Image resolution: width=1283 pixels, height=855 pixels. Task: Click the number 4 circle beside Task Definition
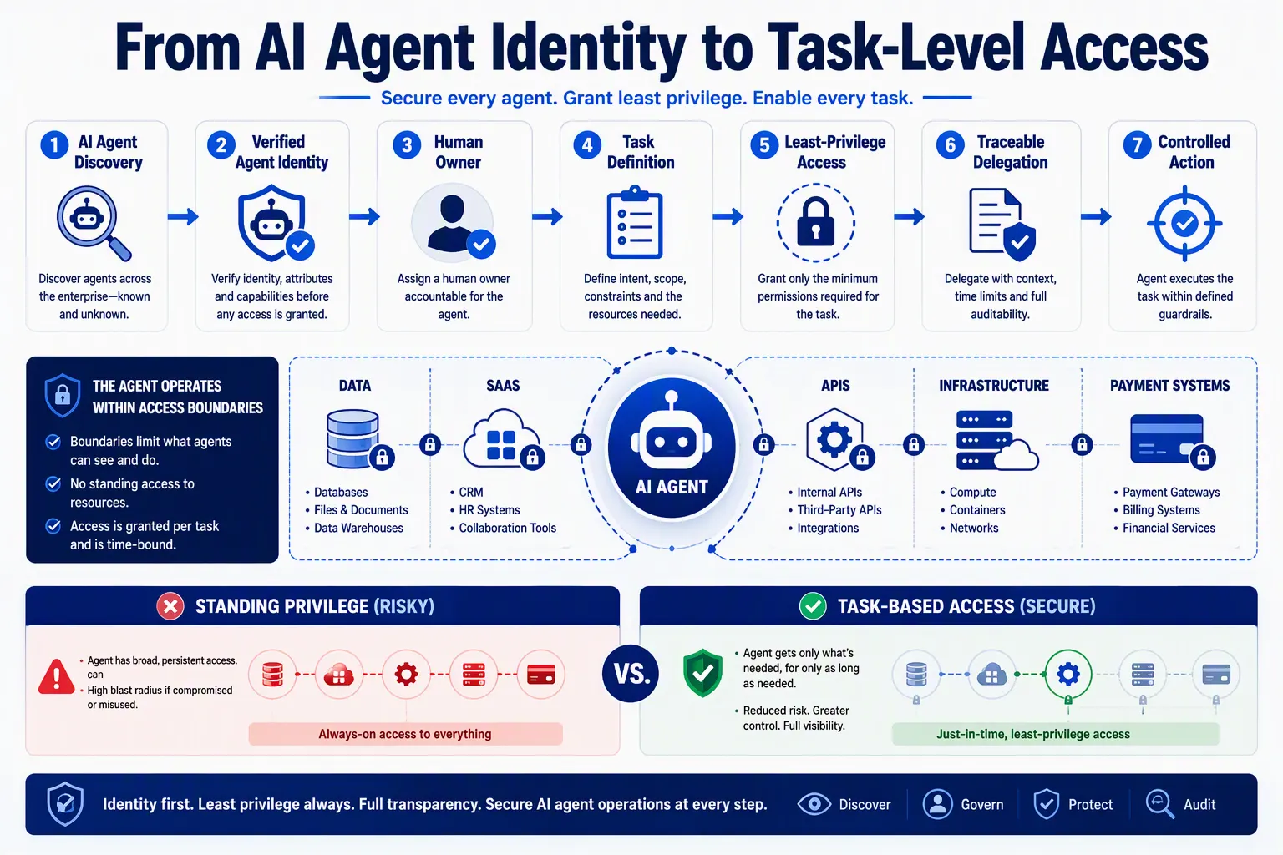(587, 145)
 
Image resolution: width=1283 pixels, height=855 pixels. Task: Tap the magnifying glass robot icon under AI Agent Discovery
(94, 223)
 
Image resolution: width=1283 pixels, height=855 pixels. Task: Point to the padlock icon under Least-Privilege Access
(815, 222)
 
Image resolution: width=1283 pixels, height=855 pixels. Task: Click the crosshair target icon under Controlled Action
(1184, 223)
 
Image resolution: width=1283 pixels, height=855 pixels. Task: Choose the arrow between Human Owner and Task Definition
(547, 216)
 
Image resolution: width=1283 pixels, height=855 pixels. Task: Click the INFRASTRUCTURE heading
(994, 386)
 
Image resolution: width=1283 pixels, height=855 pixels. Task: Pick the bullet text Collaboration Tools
(508, 528)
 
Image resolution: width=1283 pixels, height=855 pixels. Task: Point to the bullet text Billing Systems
(1161, 509)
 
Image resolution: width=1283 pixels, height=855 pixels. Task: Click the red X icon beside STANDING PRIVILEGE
(170, 606)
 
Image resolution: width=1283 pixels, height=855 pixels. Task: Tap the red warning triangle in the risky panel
(56, 676)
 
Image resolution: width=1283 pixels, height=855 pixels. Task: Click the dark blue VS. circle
(631, 674)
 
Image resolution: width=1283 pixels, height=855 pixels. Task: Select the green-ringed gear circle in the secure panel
(1067, 674)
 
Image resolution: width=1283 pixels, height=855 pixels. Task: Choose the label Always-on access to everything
(405, 734)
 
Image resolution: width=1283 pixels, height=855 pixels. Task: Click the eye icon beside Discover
(814, 804)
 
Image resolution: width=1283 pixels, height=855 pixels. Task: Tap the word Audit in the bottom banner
(1199, 805)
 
